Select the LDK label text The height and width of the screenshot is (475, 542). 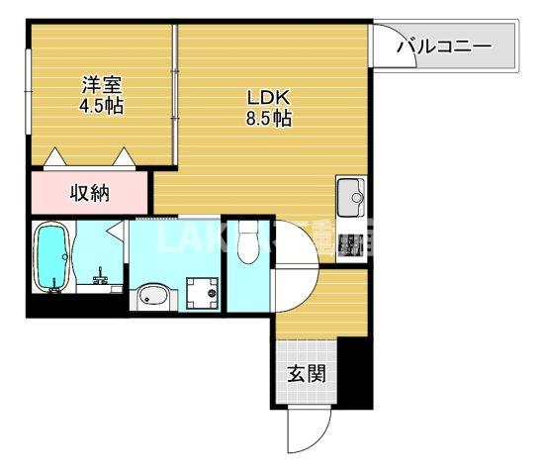tap(267, 97)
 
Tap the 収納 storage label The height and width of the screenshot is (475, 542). tap(89, 192)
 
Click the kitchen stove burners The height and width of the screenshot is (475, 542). tap(349, 242)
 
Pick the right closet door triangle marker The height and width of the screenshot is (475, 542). tap(126, 156)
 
